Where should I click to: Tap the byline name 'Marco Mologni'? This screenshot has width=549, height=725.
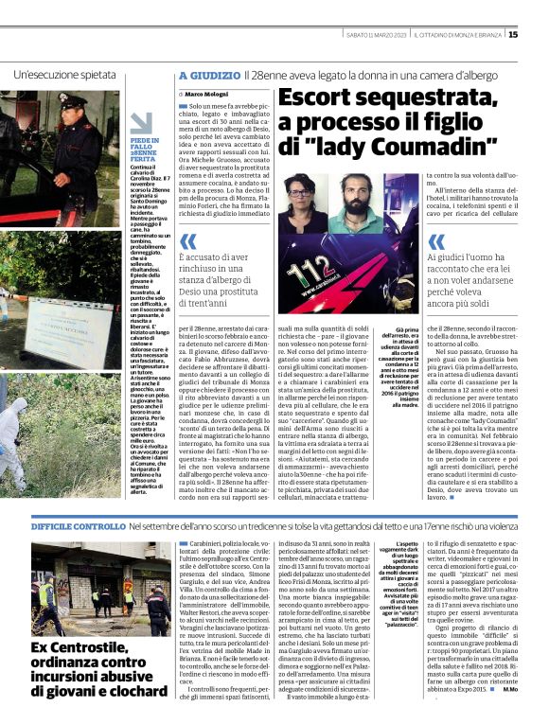[206, 96]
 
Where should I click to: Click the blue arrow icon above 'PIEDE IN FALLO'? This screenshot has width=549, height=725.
[141, 123]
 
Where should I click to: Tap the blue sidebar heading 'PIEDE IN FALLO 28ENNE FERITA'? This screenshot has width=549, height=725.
[145, 150]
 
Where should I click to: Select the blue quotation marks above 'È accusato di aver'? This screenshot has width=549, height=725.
[188, 242]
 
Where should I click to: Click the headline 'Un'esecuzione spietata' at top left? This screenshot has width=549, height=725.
[63, 74]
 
